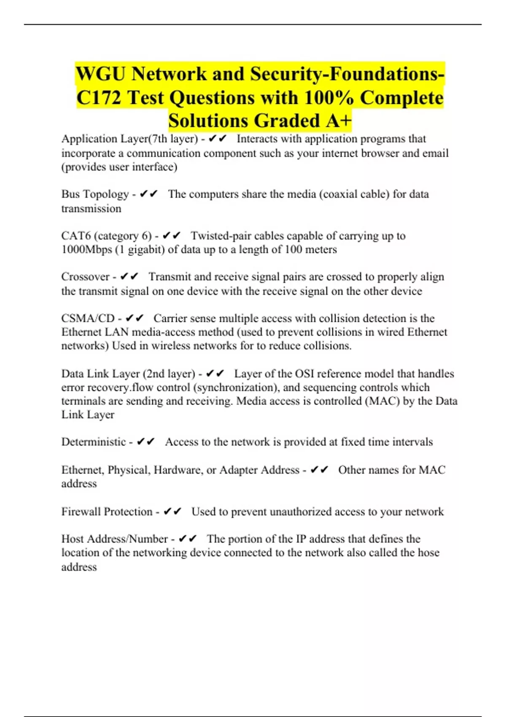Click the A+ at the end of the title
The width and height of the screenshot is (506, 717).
[x=338, y=121]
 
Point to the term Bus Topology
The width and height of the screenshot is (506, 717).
[x=95, y=194]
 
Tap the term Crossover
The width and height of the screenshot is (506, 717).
[x=85, y=277]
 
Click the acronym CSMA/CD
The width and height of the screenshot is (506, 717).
[x=88, y=318]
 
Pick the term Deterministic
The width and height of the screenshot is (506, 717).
[x=94, y=442]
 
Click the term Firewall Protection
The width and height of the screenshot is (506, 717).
[x=107, y=512]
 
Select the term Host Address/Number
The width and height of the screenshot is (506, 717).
[x=114, y=539]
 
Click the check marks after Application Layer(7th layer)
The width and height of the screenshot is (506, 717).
[x=218, y=139]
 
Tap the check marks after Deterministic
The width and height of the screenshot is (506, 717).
[x=146, y=442]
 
